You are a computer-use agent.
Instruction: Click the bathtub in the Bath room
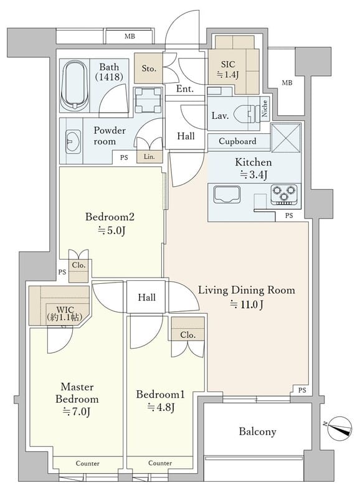click(74, 86)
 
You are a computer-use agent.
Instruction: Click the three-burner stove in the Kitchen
click(284, 194)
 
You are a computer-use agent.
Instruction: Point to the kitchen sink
click(227, 194)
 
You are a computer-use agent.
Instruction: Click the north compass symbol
click(340, 428)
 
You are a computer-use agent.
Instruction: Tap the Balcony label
click(257, 431)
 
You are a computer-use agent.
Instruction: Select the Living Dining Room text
click(247, 290)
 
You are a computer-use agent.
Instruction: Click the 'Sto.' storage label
click(149, 68)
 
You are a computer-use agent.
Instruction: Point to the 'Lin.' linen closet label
click(149, 157)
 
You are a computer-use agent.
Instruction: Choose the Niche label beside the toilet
click(264, 108)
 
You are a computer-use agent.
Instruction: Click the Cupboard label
click(237, 141)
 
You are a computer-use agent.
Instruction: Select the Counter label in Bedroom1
click(160, 463)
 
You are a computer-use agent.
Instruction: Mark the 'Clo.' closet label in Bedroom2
click(78, 265)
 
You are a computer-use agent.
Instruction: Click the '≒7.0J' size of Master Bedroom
click(77, 412)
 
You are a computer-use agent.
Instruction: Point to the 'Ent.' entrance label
click(185, 89)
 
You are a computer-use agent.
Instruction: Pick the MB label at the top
click(130, 36)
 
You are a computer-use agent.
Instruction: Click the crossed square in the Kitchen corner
click(287, 138)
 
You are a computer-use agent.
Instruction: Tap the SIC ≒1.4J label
click(228, 69)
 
